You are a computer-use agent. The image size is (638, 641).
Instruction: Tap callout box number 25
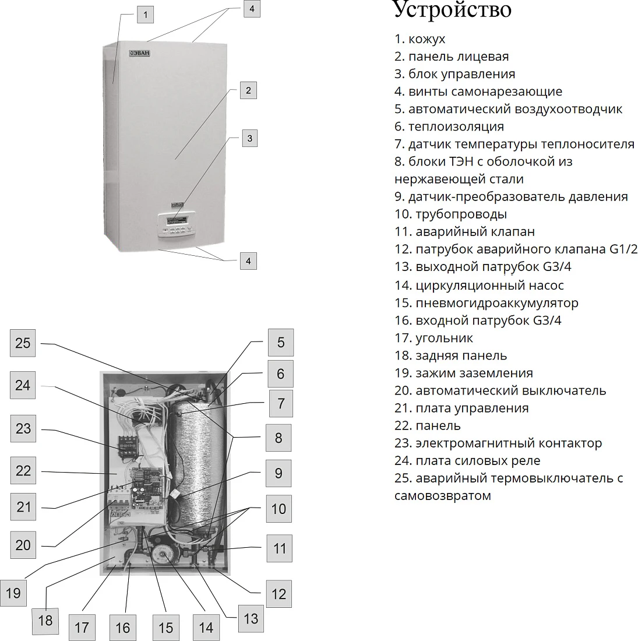(23, 343)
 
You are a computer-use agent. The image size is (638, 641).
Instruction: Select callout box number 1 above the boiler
(145, 15)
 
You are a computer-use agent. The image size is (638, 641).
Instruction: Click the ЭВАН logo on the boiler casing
(140, 53)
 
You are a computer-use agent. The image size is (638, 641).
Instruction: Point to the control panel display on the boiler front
(177, 221)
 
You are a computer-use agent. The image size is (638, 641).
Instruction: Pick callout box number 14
(206, 627)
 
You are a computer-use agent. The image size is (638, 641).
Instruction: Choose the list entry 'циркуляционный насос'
(479, 286)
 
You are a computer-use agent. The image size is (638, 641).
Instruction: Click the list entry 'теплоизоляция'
(449, 126)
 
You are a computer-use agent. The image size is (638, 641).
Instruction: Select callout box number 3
(250, 138)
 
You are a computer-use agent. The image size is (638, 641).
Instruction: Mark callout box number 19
(13, 593)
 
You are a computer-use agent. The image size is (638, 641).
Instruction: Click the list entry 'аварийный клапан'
(465, 232)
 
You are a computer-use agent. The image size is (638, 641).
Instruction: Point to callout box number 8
(279, 438)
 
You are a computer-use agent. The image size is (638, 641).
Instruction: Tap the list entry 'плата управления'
(462, 408)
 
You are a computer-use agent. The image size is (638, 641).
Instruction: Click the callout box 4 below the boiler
(248, 261)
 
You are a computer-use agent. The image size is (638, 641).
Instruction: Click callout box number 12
(279, 594)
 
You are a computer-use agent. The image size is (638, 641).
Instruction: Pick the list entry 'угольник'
(433, 338)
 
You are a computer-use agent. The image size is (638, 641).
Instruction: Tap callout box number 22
(23, 470)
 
